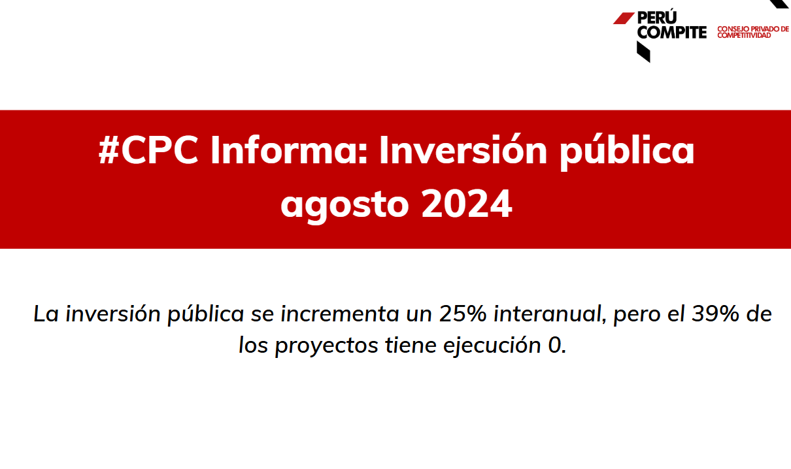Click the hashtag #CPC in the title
(x=148, y=150)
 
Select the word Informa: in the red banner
(x=289, y=150)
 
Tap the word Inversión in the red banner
(x=463, y=150)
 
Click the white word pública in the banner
(x=627, y=152)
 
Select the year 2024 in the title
(x=467, y=203)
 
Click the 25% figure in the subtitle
(x=463, y=314)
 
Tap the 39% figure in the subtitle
(x=715, y=314)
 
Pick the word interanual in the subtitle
(x=550, y=314)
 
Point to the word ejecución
(x=492, y=346)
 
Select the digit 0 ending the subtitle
(x=555, y=345)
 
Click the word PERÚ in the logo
(x=657, y=17)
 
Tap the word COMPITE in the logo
(x=672, y=33)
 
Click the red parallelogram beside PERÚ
(x=624, y=18)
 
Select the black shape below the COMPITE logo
(x=643, y=52)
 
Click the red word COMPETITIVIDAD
(x=744, y=36)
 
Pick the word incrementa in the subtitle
(x=339, y=314)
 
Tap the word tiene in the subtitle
(x=411, y=345)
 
